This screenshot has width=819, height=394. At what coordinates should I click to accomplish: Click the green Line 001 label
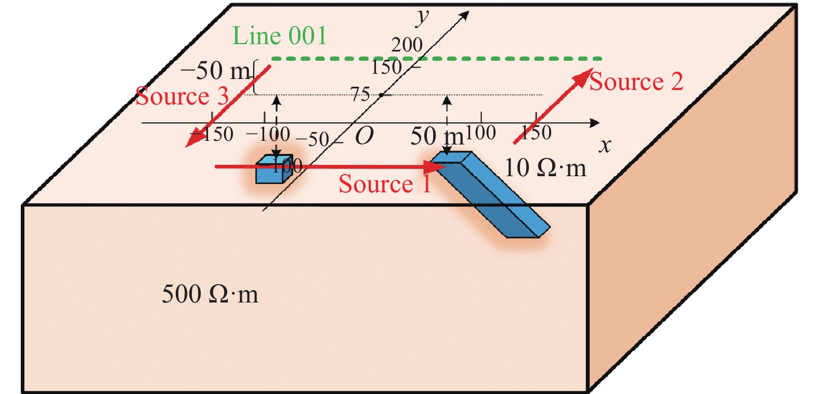point(279,36)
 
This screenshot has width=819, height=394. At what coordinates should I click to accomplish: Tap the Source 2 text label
point(636,82)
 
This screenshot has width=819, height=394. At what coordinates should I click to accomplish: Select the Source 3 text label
point(181,97)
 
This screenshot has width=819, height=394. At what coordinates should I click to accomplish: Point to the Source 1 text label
point(385,184)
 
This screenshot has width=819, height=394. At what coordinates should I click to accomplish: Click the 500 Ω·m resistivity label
point(210,294)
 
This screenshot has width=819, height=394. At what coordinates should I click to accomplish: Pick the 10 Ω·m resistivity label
point(545,168)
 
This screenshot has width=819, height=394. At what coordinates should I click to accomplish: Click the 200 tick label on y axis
point(407,45)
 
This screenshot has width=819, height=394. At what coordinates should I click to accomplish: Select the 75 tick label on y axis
point(360,94)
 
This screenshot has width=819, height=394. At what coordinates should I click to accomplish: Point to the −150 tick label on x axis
point(212,134)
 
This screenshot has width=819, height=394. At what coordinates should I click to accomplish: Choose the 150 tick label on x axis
point(536,133)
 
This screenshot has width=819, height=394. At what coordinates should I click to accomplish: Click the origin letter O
point(364,136)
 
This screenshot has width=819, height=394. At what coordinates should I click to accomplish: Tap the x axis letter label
point(604,146)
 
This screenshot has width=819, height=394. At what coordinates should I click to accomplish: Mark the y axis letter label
point(422,17)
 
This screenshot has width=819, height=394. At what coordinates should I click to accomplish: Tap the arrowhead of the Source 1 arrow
point(436,167)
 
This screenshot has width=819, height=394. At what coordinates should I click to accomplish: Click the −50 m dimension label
point(215,71)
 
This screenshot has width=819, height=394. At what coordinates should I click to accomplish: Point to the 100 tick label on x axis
point(480,133)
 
